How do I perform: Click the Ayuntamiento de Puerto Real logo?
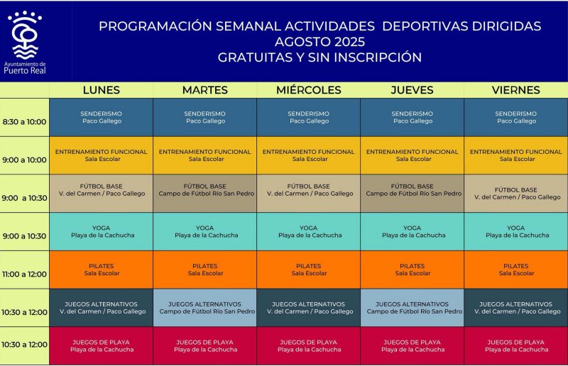click(x=25, y=43)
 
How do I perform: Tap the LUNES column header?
click(x=101, y=90)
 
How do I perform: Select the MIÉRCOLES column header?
click(x=309, y=90)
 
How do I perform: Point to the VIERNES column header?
click(x=516, y=90)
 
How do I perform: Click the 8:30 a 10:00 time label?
click(x=24, y=121)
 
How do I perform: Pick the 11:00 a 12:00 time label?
click(x=24, y=274)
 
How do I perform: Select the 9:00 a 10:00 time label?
click(x=24, y=160)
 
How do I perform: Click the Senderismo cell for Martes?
click(x=205, y=117)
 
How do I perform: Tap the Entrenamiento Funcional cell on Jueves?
click(x=413, y=155)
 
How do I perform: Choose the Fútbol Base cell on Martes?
click(x=205, y=194)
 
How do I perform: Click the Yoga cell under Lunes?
click(x=101, y=232)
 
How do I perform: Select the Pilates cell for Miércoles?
click(x=309, y=270)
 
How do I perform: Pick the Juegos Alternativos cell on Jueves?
click(x=413, y=308)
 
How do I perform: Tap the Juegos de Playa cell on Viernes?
click(x=516, y=345)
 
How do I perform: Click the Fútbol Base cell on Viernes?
click(x=516, y=194)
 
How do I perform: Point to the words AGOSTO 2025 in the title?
click(x=319, y=42)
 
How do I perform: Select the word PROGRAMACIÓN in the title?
click(x=155, y=26)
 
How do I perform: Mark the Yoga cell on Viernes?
click(x=516, y=232)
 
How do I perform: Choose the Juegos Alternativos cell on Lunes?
click(x=101, y=308)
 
